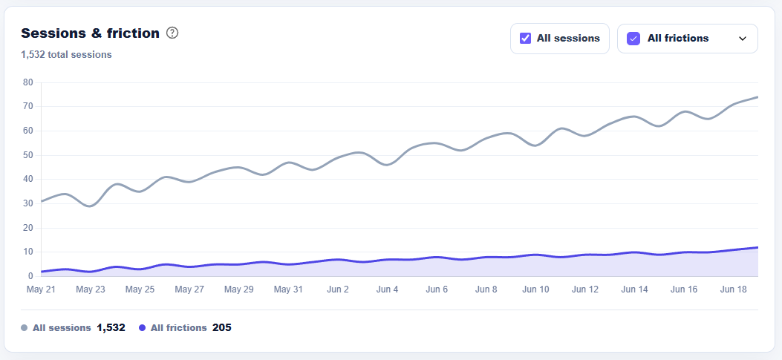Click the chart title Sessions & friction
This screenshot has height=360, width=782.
(x=91, y=33)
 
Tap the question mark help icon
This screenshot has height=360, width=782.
(x=172, y=33)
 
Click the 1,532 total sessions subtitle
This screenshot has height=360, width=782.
(x=66, y=55)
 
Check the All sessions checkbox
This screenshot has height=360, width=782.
(x=525, y=39)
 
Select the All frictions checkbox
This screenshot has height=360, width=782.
(x=633, y=39)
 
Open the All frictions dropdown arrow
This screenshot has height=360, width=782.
(x=743, y=39)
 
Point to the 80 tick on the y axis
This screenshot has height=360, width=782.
(x=28, y=82)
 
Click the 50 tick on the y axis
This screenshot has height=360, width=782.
(x=28, y=155)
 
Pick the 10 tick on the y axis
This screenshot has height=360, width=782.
(x=28, y=252)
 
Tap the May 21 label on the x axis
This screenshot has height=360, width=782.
(x=41, y=289)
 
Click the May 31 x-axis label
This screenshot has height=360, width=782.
(x=288, y=289)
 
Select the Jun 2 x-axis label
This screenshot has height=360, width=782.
(x=338, y=289)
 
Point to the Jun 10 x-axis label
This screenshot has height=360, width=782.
(x=535, y=289)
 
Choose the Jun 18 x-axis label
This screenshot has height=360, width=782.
(x=733, y=289)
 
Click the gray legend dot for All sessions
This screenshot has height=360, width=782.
(x=24, y=328)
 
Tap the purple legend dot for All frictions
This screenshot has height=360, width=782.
(x=142, y=328)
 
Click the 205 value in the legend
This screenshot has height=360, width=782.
(x=222, y=327)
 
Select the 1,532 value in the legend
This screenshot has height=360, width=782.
(x=111, y=327)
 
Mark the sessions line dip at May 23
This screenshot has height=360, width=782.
(x=90, y=206)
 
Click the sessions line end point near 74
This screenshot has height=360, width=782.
(x=757, y=96)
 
